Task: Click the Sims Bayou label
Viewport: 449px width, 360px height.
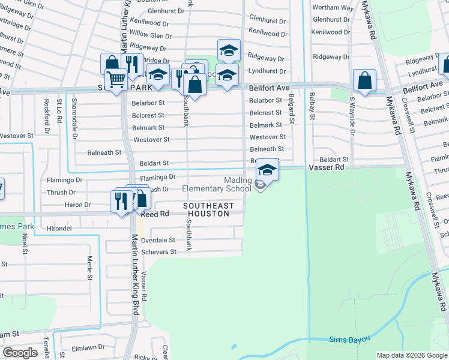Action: tap(349, 340)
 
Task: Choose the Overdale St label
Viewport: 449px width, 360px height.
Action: tap(158, 240)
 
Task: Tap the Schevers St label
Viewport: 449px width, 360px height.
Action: tap(158, 252)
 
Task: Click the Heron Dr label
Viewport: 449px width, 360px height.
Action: tap(79, 205)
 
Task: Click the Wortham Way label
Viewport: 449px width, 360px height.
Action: tap(333, 8)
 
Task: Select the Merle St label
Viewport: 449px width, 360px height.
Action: tap(89, 268)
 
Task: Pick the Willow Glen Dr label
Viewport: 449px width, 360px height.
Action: tap(151, 35)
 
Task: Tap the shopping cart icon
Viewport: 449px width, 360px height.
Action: tap(115, 79)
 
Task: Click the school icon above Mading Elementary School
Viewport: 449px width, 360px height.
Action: tap(268, 170)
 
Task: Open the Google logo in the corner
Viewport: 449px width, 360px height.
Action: tap(20, 353)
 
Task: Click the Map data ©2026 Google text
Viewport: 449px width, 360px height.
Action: tap(412, 355)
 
